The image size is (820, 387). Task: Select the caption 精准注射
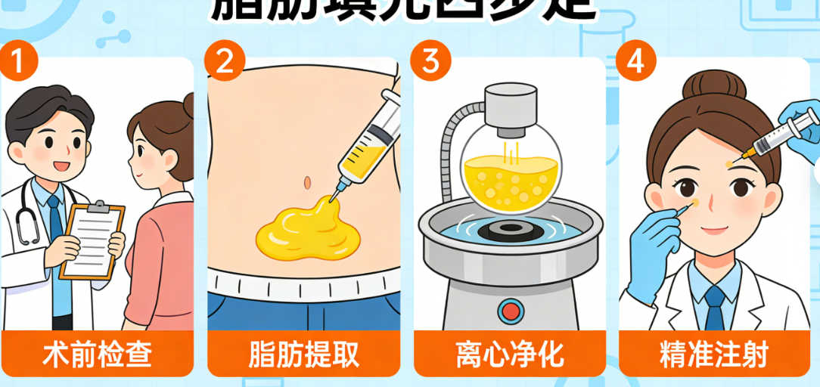[715, 354]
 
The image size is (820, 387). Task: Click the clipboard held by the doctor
[92, 240]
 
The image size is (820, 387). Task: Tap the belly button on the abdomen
[306, 182]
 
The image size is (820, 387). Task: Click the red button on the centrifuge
[509, 311]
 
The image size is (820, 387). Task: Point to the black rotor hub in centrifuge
[509, 228]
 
